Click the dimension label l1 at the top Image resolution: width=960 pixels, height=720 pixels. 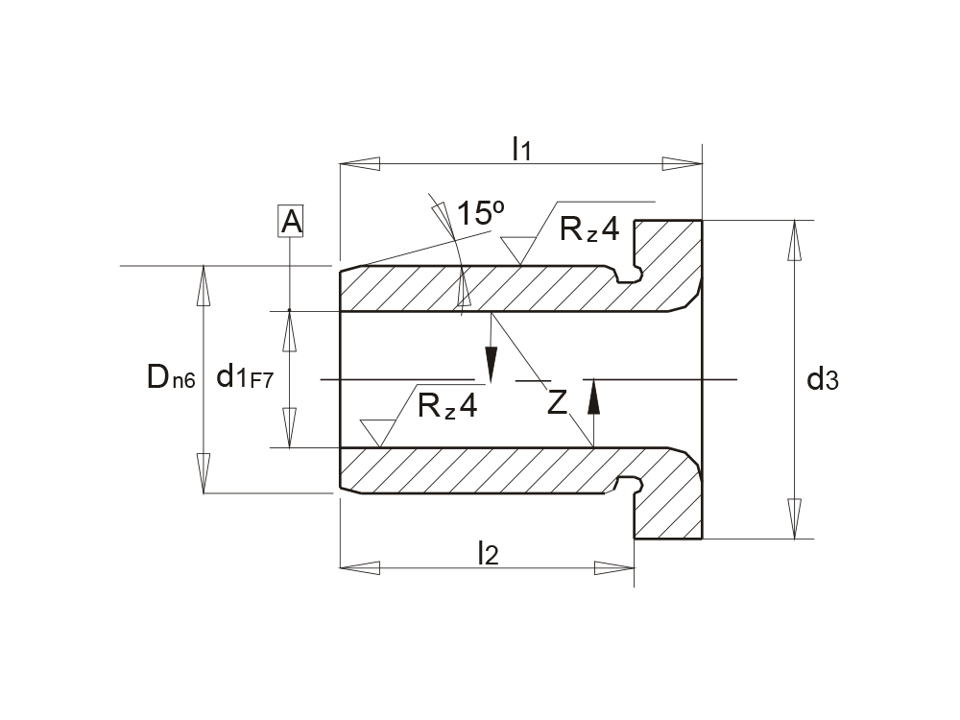click(x=521, y=149)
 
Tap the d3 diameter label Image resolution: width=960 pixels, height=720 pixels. click(x=823, y=380)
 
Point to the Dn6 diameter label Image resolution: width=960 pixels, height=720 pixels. click(x=171, y=378)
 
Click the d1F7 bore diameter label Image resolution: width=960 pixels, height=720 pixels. click(x=245, y=377)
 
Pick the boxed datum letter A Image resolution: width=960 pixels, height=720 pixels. click(x=291, y=223)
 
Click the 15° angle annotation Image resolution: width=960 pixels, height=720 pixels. click(x=480, y=213)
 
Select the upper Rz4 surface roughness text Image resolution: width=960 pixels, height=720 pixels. click(x=589, y=229)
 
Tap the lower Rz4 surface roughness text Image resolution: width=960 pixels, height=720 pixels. click(x=447, y=406)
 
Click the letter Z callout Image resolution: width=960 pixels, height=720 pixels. click(x=558, y=403)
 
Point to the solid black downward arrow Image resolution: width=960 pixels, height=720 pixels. click(x=491, y=364)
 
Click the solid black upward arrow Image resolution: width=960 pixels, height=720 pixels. click(x=593, y=396)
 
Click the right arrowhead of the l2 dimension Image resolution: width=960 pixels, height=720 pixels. click(x=614, y=568)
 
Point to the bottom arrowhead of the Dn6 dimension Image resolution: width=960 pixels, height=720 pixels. click(x=204, y=473)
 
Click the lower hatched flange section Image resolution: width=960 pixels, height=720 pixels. click(x=672, y=499)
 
